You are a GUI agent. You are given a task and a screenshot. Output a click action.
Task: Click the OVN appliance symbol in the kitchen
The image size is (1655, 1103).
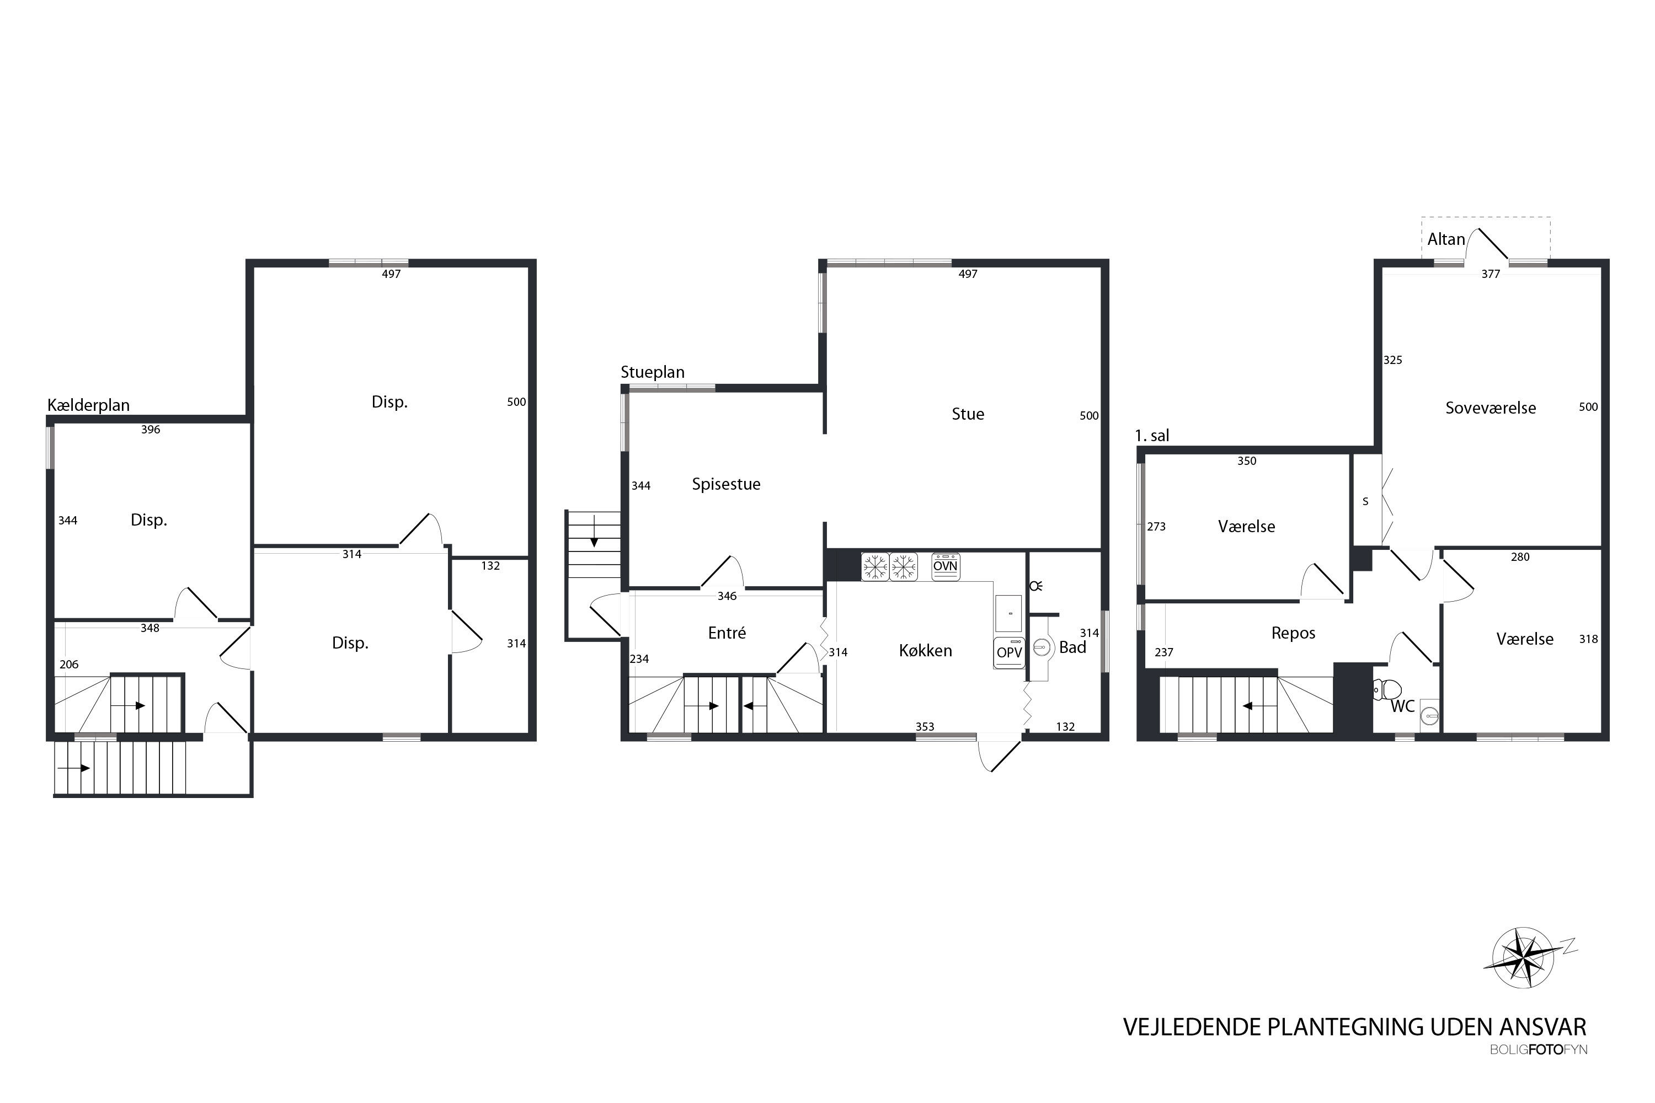click(945, 566)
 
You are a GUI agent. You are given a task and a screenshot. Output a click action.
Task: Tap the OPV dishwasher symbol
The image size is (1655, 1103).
click(1009, 652)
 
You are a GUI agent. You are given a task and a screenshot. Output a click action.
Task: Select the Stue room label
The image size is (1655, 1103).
click(968, 414)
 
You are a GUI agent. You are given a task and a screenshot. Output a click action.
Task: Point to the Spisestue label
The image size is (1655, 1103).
click(726, 485)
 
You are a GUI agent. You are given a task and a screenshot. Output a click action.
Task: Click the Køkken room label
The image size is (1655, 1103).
click(925, 651)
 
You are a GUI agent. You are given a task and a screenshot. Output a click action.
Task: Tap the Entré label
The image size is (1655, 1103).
click(727, 633)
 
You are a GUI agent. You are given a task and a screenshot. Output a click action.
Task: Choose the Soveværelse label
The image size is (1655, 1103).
click(1491, 408)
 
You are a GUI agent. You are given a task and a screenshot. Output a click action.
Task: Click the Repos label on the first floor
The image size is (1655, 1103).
click(1293, 634)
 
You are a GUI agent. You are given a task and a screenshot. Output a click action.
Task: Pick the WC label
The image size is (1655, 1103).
click(1402, 706)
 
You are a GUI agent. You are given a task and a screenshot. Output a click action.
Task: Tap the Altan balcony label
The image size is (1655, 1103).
click(1446, 239)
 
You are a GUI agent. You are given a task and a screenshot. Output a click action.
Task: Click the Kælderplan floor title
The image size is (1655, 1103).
click(89, 405)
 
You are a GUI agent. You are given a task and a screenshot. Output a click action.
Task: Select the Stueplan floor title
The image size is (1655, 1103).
click(652, 373)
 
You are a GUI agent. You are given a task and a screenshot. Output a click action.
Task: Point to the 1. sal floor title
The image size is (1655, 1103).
click(1152, 436)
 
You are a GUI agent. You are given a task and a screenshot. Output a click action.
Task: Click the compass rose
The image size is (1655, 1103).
click(1523, 957)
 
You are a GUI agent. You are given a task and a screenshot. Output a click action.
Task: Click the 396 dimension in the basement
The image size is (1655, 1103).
click(151, 430)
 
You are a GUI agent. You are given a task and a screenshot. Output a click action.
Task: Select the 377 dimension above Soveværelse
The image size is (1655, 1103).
click(1491, 274)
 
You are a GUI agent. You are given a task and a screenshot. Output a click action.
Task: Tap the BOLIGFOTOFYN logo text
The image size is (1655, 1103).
click(1538, 1050)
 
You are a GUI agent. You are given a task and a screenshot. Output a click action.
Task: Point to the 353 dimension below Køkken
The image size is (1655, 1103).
click(925, 727)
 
